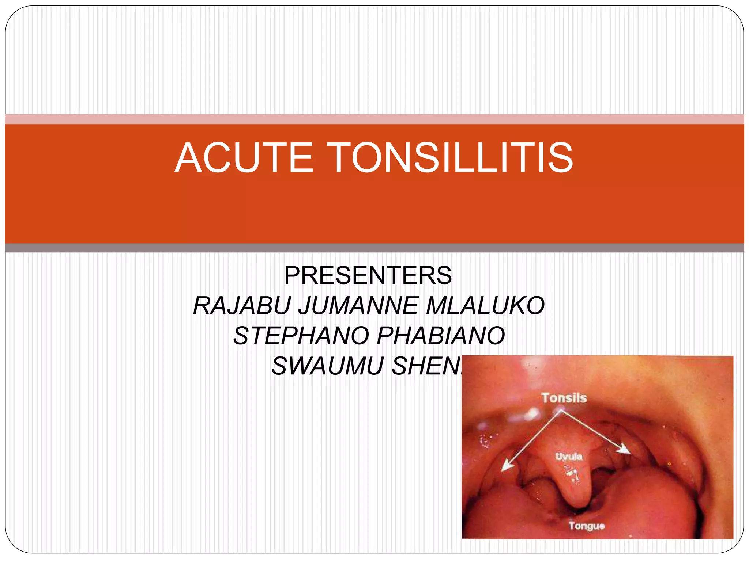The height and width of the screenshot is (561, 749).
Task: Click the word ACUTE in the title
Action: click(x=244, y=158)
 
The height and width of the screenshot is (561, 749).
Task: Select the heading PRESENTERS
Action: click(x=368, y=275)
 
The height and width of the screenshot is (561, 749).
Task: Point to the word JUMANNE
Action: click(x=358, y=306)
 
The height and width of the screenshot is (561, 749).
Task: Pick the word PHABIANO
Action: click(x=441, y=336)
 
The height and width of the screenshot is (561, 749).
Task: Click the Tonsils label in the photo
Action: click(x=564, y=398)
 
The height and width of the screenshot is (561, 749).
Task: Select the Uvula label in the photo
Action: click(x=569, y=456)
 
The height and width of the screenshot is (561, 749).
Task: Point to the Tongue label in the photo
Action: click(x=586, y=526)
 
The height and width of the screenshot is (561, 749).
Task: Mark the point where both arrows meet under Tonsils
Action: click(x=560, y=411)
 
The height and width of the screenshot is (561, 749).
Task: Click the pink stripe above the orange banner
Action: click(x=374, y=119)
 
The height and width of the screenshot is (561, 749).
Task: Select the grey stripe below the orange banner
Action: click(x=374, y=248)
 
